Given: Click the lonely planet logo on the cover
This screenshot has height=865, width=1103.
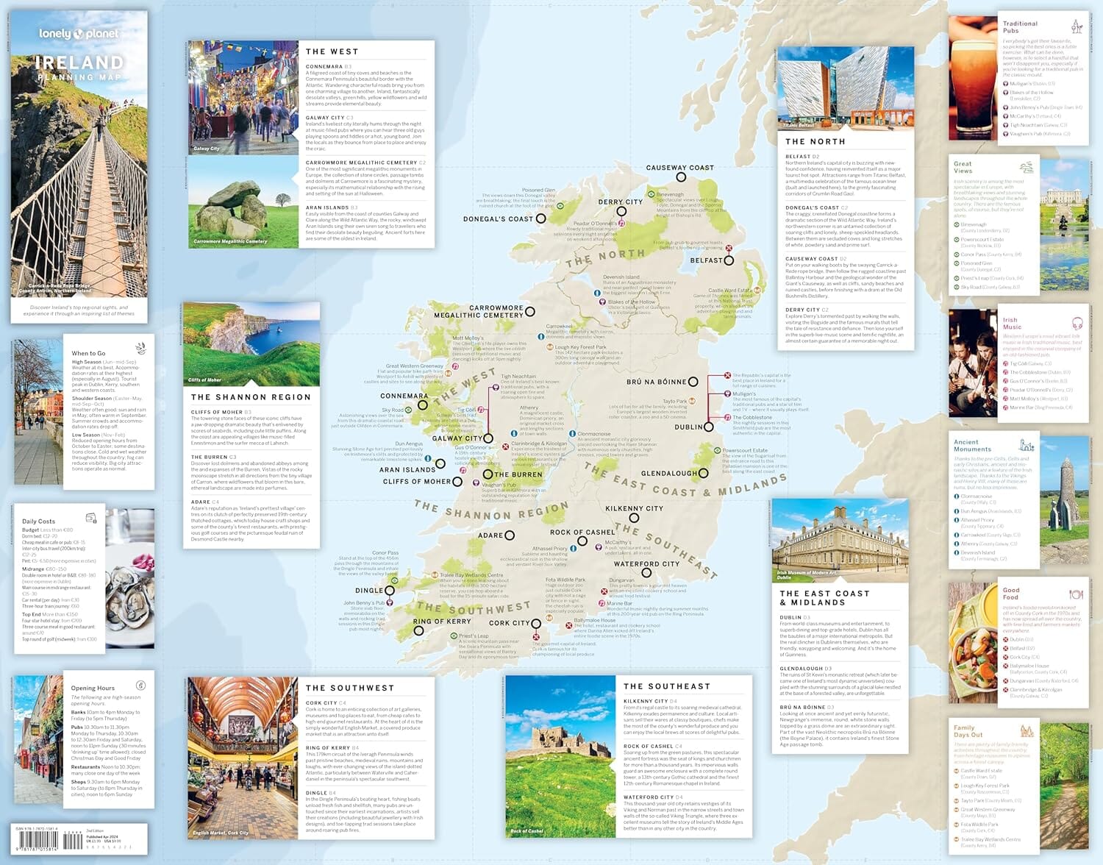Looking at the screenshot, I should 79,34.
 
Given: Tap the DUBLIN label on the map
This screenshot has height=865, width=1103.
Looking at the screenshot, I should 688,427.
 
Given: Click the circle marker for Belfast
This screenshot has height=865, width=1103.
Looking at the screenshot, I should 729,260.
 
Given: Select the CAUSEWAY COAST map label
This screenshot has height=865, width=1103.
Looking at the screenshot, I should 679,168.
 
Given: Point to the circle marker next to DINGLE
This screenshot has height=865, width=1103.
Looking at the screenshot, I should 390,591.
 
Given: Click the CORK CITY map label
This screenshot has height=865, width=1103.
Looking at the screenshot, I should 510,623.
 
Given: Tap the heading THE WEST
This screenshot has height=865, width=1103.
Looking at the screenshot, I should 332,51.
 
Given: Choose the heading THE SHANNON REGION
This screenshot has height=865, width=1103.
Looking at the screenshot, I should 251,397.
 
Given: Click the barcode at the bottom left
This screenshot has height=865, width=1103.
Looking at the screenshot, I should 37,839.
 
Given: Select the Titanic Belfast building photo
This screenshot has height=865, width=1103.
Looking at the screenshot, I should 845,88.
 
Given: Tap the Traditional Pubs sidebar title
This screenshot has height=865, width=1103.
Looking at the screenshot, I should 1020,27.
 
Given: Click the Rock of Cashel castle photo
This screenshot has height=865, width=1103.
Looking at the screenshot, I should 560,758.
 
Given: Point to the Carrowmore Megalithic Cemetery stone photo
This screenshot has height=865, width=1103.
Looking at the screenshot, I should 243,202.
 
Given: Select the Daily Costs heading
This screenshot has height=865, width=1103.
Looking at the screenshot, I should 38,522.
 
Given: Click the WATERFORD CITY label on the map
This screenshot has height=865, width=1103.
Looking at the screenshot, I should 646,564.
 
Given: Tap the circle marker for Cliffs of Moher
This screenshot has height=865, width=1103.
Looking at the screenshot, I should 457,482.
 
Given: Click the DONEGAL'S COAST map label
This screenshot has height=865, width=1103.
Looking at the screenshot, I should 498,218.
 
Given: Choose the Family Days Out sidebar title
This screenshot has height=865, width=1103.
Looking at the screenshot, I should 968,731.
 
